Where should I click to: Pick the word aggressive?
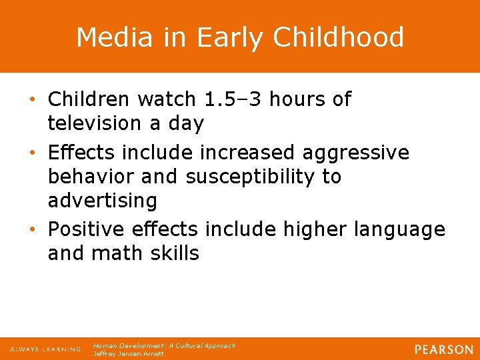356,153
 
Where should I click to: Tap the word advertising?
103,201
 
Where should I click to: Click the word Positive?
89,229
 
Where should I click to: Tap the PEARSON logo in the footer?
443,349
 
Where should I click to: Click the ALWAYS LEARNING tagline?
45,349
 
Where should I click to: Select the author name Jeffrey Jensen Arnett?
129,354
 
